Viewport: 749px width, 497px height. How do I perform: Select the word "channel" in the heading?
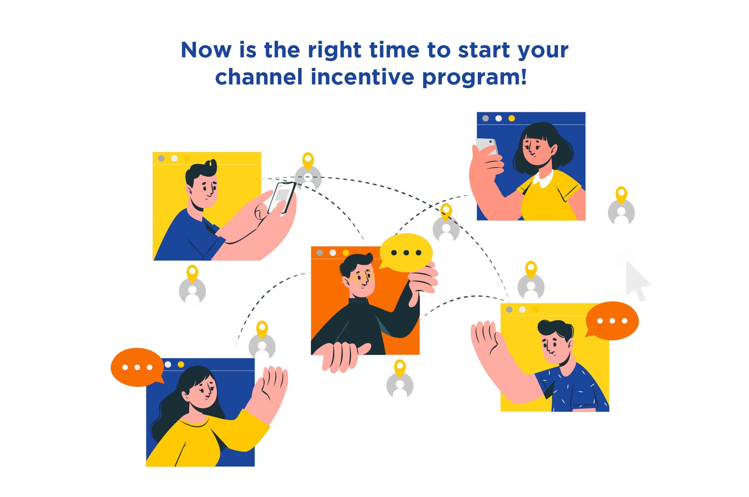258,77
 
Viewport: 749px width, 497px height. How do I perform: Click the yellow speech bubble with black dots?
406,253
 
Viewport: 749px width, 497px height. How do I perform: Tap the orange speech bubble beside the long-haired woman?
137,367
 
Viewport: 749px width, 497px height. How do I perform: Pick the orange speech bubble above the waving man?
612,321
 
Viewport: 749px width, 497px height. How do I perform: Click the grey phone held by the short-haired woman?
487,146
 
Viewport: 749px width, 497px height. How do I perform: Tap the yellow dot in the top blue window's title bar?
512,118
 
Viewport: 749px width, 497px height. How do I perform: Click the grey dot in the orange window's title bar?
320,253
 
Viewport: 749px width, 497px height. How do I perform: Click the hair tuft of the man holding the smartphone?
211,166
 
